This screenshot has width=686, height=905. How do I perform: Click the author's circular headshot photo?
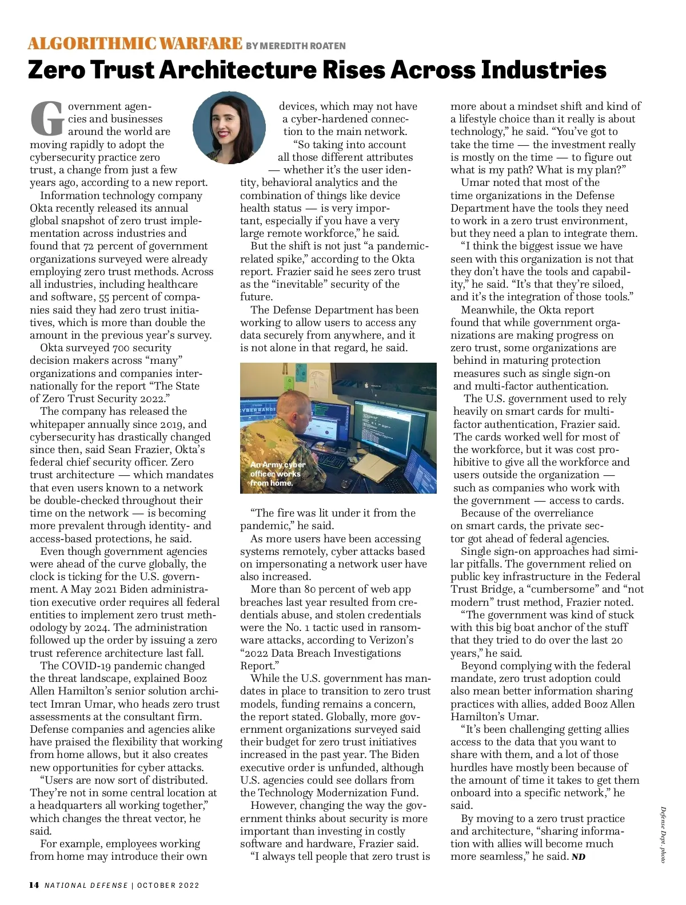point(229,127)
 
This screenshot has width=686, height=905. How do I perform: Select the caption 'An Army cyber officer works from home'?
point(277,474)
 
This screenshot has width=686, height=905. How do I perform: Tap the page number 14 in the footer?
point(34,885)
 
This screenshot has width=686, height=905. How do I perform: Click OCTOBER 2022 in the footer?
point(168,886)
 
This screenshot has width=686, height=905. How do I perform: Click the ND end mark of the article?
point(579,857)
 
